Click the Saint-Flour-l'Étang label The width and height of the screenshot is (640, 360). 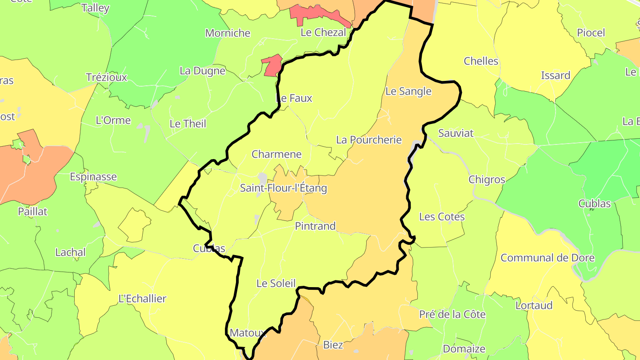284,188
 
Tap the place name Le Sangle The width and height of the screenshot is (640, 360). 408,92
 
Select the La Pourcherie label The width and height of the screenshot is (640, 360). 369,140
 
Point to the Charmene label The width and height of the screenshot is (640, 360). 276,155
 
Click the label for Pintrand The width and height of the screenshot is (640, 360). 315,226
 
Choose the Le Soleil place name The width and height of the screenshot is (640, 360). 276,284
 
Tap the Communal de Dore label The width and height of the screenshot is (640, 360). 548,258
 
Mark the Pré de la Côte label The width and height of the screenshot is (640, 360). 452,315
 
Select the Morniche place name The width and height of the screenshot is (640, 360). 228,33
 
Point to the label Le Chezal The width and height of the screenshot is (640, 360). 323,32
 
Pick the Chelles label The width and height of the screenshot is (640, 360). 481,61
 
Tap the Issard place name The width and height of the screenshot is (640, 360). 556,76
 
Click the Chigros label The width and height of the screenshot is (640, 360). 487,180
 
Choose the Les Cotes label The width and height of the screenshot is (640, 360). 442,217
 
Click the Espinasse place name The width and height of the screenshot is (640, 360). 93,177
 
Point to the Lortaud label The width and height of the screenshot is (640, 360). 534,306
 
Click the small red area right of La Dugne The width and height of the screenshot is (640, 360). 272,66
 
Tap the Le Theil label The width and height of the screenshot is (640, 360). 188,124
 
